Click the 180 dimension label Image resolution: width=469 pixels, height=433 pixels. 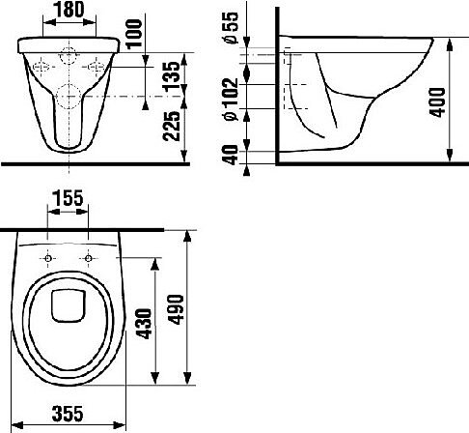69,10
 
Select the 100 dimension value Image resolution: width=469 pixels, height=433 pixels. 134,34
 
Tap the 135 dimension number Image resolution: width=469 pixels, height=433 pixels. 171,75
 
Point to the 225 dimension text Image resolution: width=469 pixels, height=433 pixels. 171,126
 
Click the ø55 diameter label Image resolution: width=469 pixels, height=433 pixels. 231,28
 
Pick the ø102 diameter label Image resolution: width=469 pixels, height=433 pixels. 231,100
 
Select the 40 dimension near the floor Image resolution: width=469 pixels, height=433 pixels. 231,155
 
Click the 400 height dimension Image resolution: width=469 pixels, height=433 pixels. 437,102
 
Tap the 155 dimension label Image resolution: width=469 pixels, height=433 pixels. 68,198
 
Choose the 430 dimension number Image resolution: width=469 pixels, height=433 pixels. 144,324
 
